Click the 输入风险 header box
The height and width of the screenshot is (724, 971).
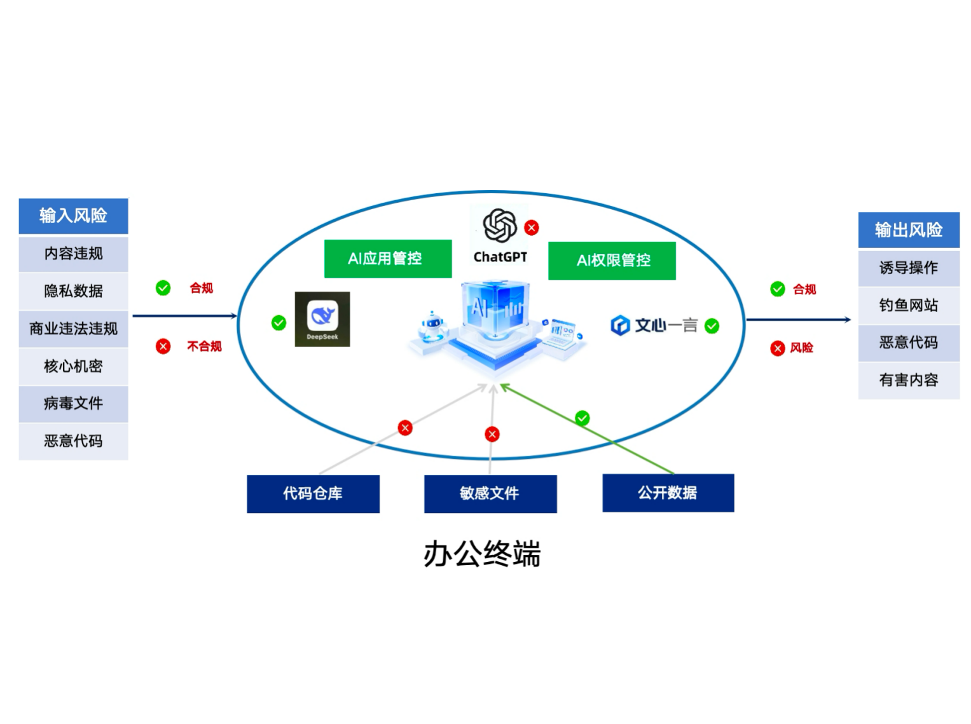pyautogui.click(x=73, y=215)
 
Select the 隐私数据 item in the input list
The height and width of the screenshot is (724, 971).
pyautogui.click(x=73, y=290)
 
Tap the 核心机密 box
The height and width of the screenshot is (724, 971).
pyautogui.click(x=73, y=365)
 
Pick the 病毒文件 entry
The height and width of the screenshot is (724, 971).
pyautogui.click(x=73, y=403)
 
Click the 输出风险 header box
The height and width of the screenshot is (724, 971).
pyautogui.click(x=908, y=229)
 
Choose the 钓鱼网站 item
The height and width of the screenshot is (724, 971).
pyautogui.click(x=908, y=305)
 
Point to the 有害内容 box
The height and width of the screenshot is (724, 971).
pyautogui.click(x=908, y=380)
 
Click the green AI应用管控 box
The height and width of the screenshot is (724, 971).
pyautogui.click(x=387, y=258)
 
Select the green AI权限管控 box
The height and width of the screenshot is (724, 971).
pyautogui.click(x=612, y=261)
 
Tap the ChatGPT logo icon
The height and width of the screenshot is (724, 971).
pyautogui.click(x=500, y=226)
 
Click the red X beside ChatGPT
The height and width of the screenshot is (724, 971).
pyautogui.click(x=532, y=228)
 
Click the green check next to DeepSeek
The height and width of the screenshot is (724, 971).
pyautogui.click(x=279, y=323)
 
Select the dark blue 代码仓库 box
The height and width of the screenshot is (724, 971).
pyautogui.click(x=313, y=493)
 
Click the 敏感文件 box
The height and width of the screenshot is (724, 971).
pyautogui.click(x=490, y=493)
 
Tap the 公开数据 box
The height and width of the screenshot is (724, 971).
pyautogui.click(x=668, y=493)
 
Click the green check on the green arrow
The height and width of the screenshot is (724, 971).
pyautogui.click(x=582, y=418)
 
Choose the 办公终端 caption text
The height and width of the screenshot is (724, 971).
pyautogui.click(x=482, y=554)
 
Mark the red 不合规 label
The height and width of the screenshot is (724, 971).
pyautogui.click(x=204, y=346)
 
